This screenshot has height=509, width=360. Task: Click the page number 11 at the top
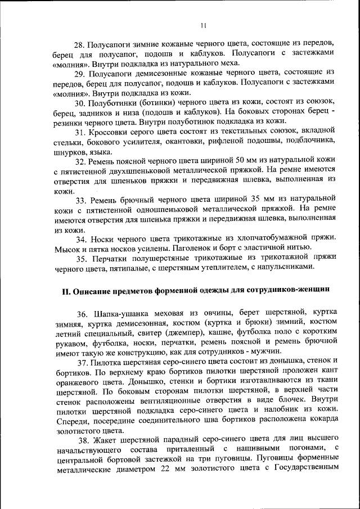(x=204, y=25)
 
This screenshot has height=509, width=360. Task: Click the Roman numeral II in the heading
(x=65, y=290)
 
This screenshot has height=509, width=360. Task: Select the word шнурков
(x=71, y=151)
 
